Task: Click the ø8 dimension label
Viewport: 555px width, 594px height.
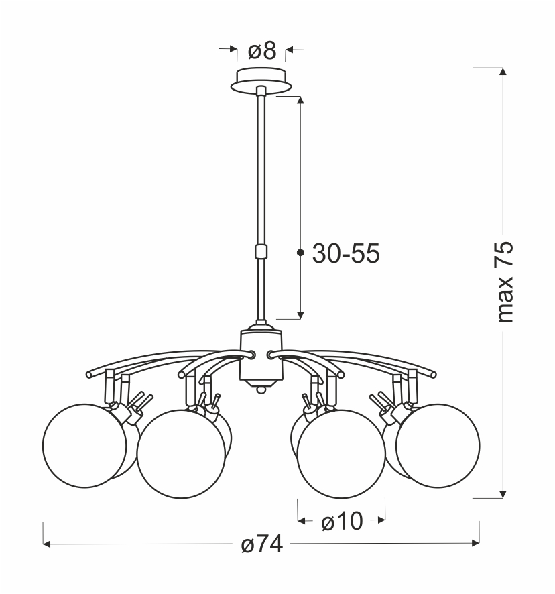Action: [x=262, y=51]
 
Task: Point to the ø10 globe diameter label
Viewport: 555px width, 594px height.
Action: [x=342, y=522]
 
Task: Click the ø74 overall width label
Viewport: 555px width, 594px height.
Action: [x=262, y=544]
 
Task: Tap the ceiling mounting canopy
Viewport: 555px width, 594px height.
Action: [x=261, y=80]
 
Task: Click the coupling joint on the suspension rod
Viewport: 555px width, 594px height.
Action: [x=261, y=251]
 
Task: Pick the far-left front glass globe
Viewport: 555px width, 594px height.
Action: [x=84, y=445]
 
